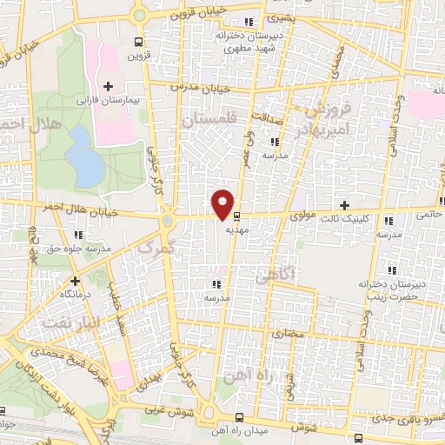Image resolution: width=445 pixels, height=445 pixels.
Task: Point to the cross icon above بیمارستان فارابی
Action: [x=108, y=85]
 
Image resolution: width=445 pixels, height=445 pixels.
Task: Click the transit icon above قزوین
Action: [x=138, y=41]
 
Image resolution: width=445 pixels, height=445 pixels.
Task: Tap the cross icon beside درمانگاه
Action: [x=75, y=281]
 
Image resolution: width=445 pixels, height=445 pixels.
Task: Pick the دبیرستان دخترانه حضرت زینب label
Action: [x=389, y=290]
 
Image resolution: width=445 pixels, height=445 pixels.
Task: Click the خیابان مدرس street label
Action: [x=203, y=89]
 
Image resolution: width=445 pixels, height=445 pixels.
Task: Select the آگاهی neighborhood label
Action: [x=277, y=276]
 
